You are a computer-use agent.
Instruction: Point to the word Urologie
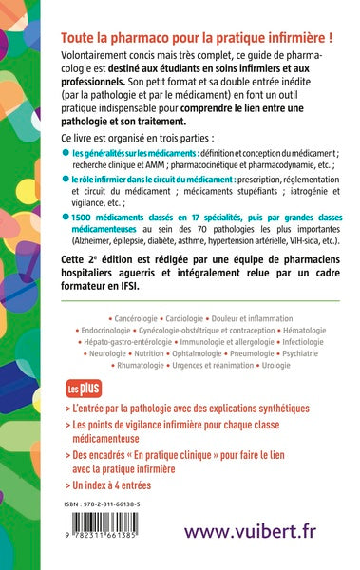point(285,364)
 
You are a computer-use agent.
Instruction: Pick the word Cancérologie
point(118,312)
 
